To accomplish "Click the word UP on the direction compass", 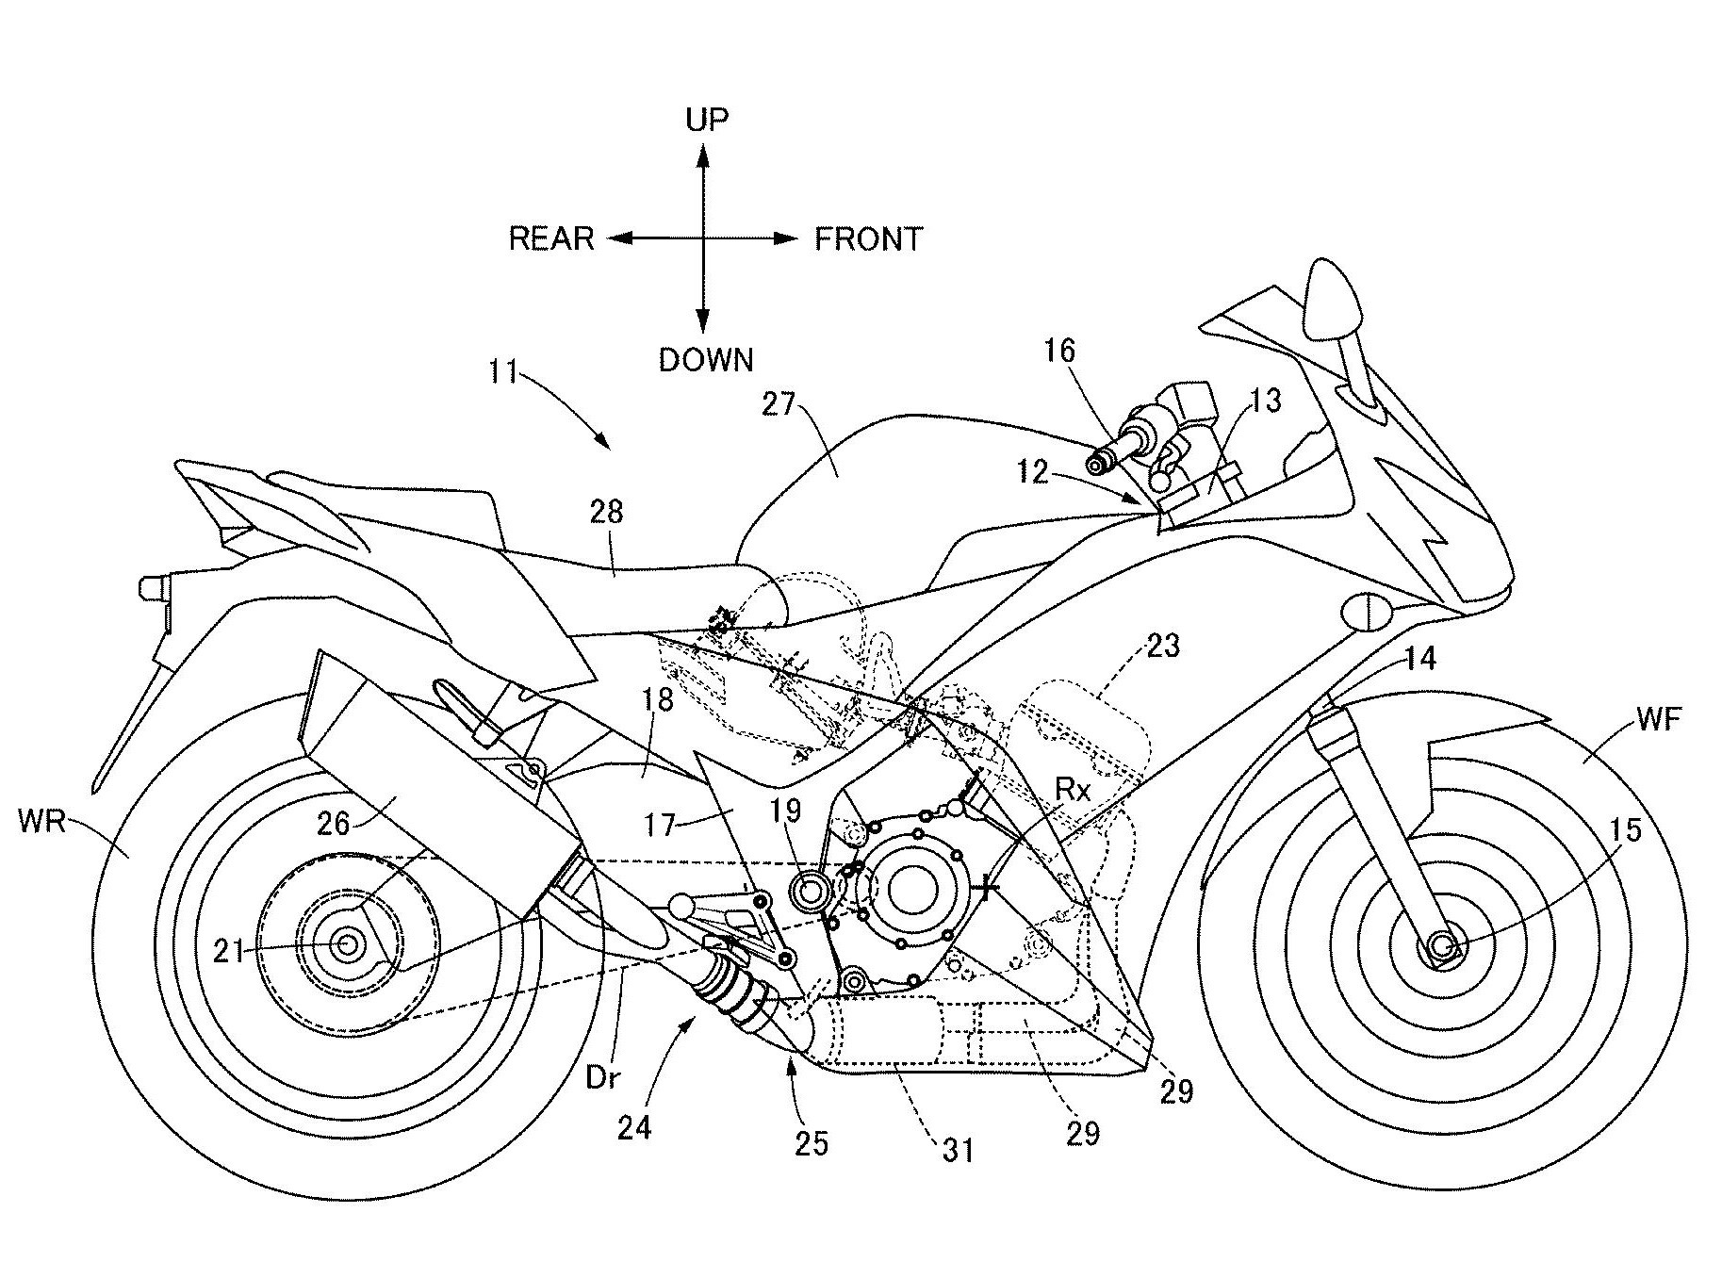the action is point(707,120).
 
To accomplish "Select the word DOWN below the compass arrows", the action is point(706,360).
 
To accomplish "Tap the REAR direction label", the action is point(551,238).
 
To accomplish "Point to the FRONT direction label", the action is point(868,239).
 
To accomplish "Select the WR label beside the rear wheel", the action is point(41,822).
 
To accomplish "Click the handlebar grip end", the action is point(1097,464).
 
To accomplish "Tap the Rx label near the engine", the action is point(1073,790).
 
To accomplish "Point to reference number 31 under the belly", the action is point(957,1150).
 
